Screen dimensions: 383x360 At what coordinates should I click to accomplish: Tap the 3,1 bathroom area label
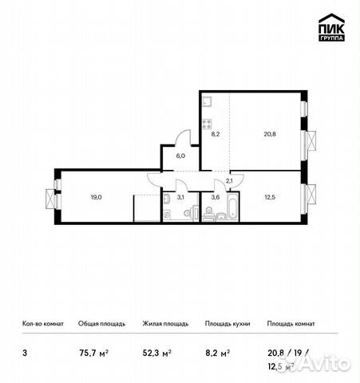(x=180, y=197)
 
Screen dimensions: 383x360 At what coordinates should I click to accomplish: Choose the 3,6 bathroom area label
(x=215, y=197)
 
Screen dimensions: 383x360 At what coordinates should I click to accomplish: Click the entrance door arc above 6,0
(x=183, y=137)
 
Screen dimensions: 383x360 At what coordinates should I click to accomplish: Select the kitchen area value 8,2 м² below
(x=218, y=351)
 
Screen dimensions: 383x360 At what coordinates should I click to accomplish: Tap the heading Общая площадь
(x=101, y=324)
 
